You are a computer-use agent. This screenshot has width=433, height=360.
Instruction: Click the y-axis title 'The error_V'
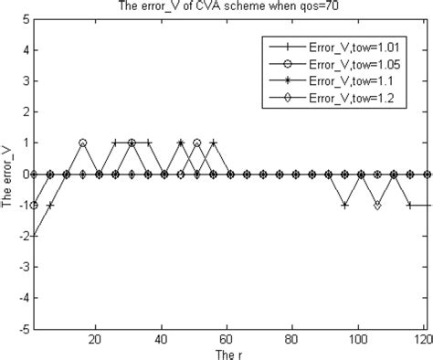pos(8,175)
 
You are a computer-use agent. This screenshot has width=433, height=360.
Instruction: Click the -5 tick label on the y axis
pos(21,329)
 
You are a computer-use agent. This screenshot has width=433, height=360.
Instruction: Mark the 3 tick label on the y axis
pos(23,81)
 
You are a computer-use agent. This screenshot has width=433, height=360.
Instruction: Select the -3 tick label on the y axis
pos(21,267)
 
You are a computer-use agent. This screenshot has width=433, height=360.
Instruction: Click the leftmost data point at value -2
pos(34,236)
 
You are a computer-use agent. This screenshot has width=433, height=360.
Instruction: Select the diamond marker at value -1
pos(377,206)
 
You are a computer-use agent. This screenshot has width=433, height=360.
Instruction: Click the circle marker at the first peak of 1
pos(83,143)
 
